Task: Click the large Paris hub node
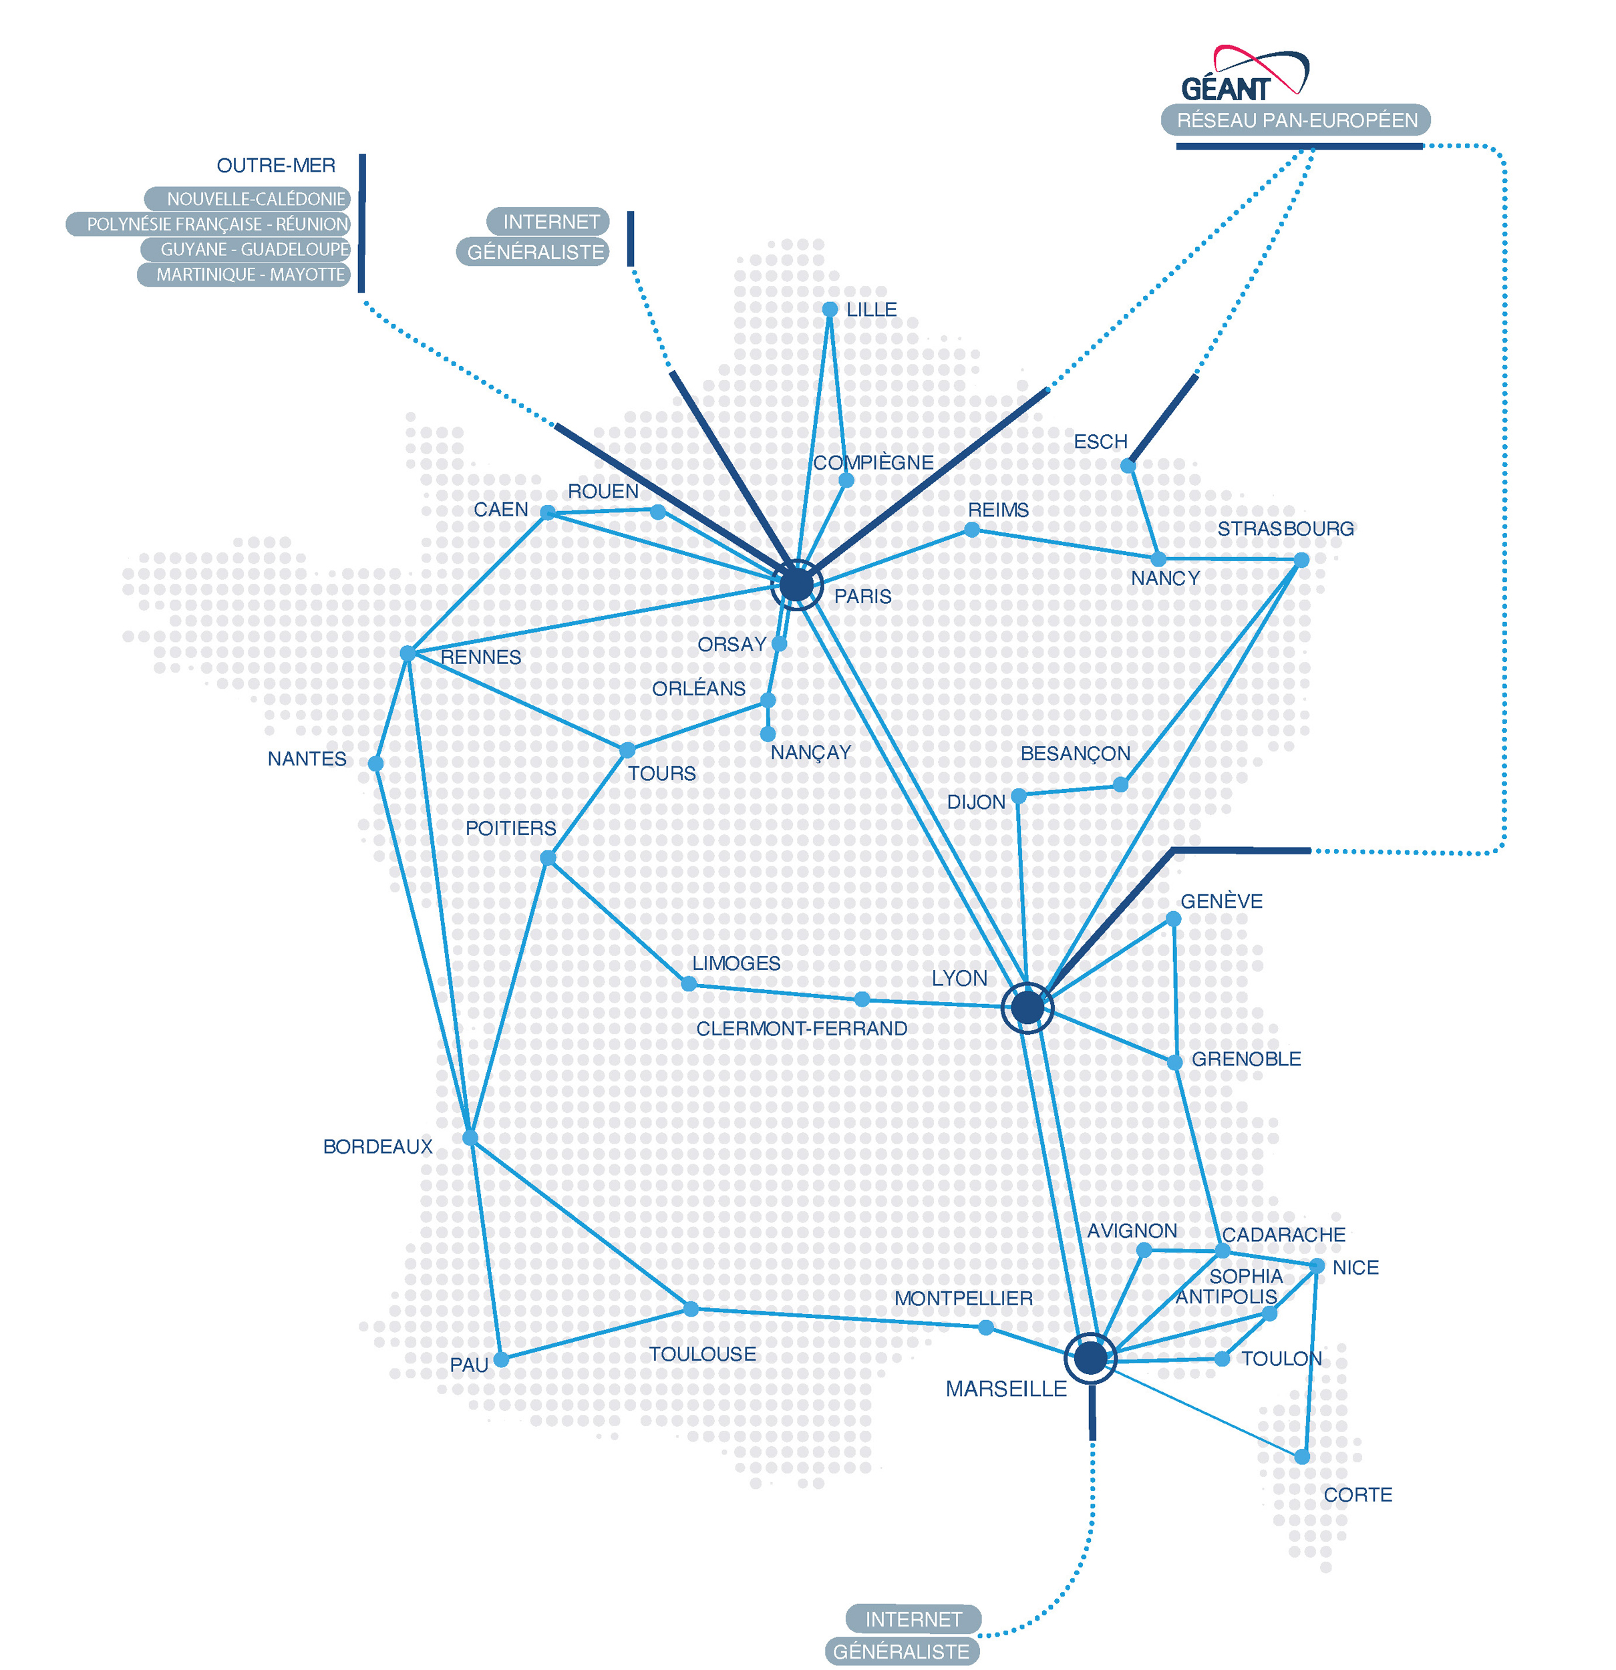coord(796,584)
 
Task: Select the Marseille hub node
coord(1090,1358)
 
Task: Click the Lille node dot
coord(829,309)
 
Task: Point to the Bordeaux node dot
coord(470,1138)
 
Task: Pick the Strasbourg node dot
coord(1301,560)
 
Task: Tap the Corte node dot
coord(1301,1457)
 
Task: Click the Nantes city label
coord(307,759)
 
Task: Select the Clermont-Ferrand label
coord(801,1029)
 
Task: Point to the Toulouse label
coord(702,1354)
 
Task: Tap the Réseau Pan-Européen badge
coord(1295,120)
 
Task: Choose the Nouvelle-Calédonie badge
coord(248,199)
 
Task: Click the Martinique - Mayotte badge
coord(245,275)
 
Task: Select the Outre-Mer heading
coord(275,165)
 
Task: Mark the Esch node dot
coord(1128,465)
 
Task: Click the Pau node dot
coord(501,1360)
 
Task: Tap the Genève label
coord(1221,901)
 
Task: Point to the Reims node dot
coord(971,530)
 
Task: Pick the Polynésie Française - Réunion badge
coord(210,224)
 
